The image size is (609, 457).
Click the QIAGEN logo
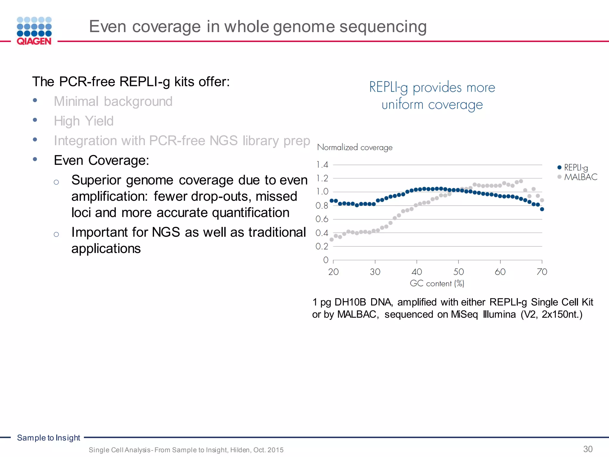(x=34, y=31)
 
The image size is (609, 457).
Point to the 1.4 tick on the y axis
(x=322, y=165)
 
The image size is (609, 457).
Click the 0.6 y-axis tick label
(x=322, y=219)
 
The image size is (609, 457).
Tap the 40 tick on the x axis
(x=417, y=272)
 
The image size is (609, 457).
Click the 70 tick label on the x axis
(x=542, y=272)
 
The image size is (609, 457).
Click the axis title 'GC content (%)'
(x=437, y=284)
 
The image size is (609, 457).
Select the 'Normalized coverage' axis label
(x=355, y=147)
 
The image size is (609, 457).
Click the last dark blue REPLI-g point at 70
(x=542, y=209)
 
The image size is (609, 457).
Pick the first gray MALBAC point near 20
(x=332, y=240)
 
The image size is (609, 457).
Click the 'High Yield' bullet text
(x=84, y=121)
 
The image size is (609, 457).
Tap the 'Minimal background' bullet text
(x=113, y=101)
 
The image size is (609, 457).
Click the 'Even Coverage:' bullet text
(x=101, y=160)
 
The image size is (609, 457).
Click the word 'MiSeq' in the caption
(x=464, y=314)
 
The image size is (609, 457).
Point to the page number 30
(x=588, y=449)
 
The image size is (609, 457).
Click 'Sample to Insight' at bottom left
(x=48, y=438)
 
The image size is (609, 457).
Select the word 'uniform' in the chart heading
(x=402, y=105)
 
